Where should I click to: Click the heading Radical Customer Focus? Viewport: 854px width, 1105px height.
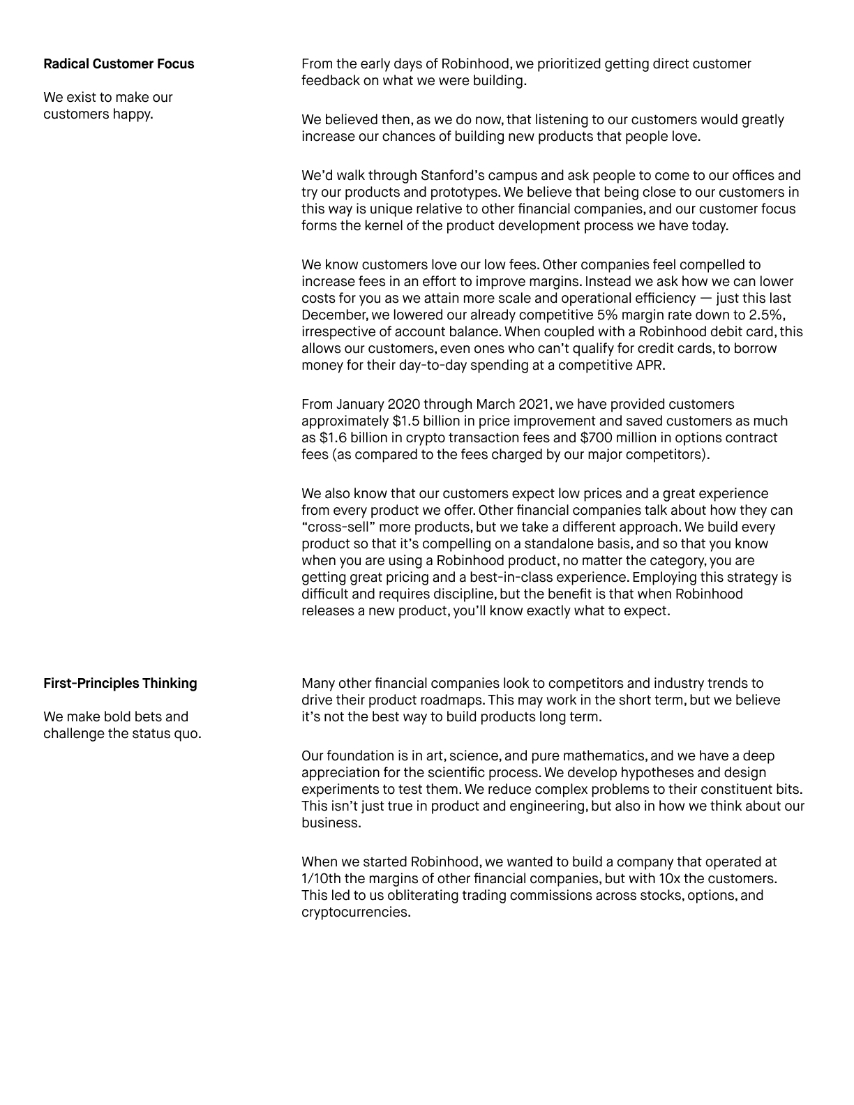119,64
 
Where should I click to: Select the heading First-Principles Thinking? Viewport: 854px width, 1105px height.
120,684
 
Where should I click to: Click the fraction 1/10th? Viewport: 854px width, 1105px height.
322,879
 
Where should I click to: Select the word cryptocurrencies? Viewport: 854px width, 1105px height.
355,912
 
